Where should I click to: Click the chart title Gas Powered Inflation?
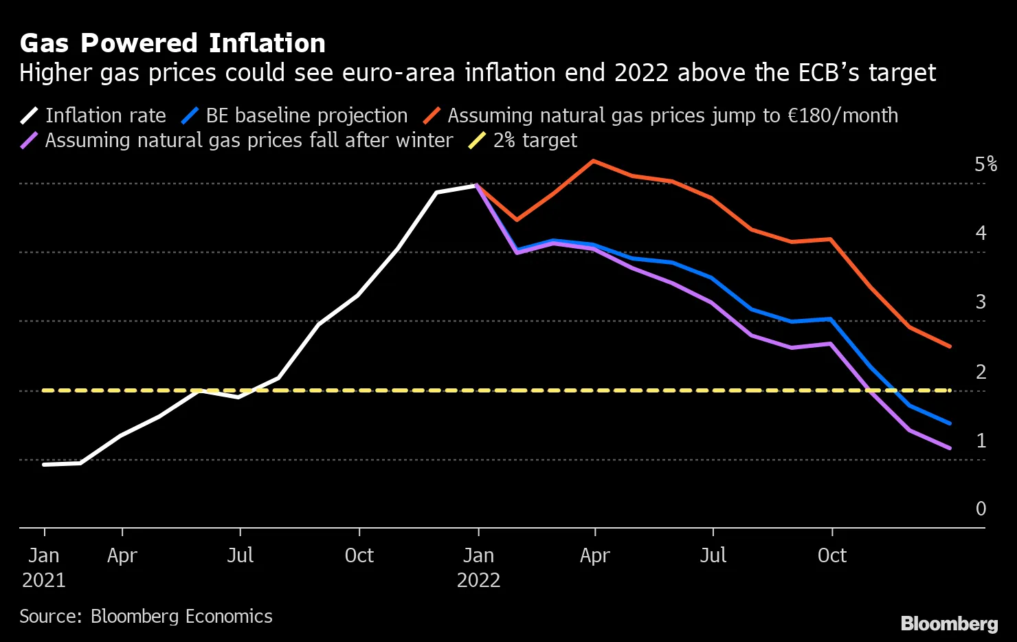[x=172, y=43]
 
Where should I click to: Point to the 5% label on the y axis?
[x=985, y=164]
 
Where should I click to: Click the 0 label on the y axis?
[x=981, y=509]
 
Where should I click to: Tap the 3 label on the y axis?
[x=981, y=302]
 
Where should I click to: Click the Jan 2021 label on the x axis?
[x=44, y=567]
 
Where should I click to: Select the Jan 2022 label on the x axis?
[x=478, y=567]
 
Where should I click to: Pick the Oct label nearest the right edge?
[x=831, y=555]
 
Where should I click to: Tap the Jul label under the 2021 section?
[x=240, y=555]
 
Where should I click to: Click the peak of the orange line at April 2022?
[x=594, y=161]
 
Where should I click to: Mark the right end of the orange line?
[x=950, y=346]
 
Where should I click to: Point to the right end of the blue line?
[x=950, y=423]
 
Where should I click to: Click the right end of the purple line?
[x=950, y=448]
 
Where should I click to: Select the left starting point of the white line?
[x=44, y=465]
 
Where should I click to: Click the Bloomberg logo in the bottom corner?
[x=949, y=623]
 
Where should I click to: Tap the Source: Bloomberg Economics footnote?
[x=146, y=616]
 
